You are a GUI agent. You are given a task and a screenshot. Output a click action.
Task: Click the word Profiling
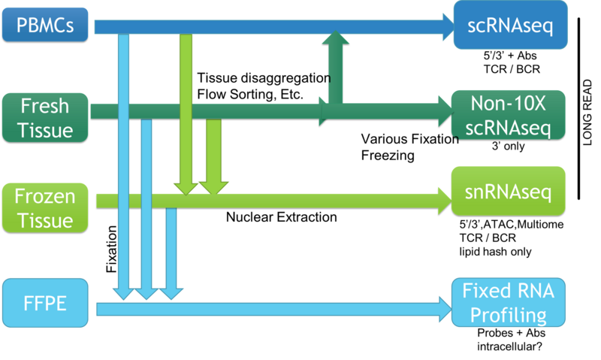505,315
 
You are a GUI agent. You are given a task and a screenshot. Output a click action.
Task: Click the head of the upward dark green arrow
335,39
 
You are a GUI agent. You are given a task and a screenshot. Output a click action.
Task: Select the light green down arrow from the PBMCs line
185,113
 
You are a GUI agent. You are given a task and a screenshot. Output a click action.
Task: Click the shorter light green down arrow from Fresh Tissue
213,158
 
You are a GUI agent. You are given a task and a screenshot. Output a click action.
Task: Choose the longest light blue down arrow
123,165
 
